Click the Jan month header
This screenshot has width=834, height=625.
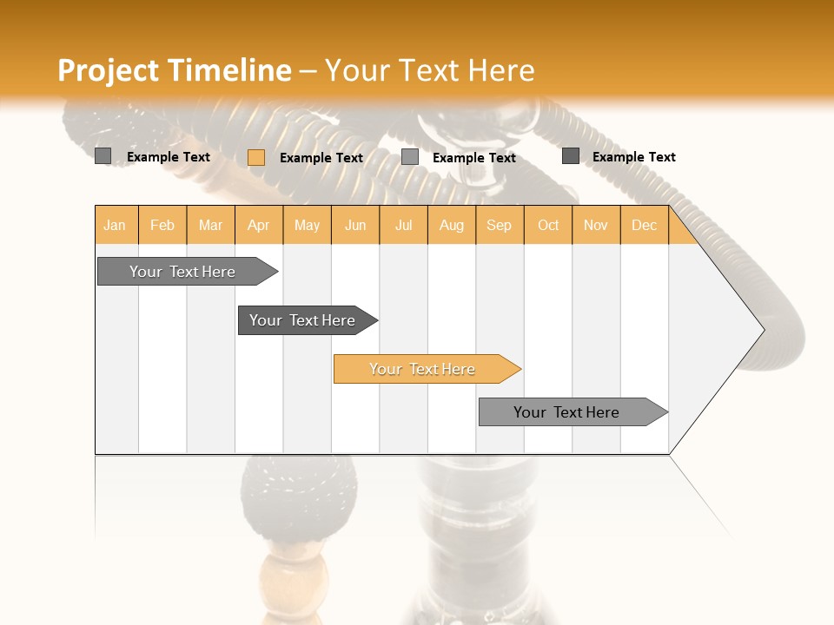[115, 225]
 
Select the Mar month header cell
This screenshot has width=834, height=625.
[210, 225]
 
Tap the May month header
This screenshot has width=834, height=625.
[307, 225]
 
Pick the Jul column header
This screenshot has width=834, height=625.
[403, 225]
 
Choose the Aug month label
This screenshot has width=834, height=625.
[451, 225]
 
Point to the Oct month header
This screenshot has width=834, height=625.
[548, 225]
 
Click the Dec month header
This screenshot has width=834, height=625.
[644, 225]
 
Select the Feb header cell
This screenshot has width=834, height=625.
[162, 225]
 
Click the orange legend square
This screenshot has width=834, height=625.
[256, 157]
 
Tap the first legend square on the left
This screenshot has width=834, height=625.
[103, 156]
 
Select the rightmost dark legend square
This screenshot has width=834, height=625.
[571, 156]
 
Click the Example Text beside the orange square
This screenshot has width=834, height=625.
[321, 158]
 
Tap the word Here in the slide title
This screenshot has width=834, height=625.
[500, 70]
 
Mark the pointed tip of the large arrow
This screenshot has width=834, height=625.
[763, 330]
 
